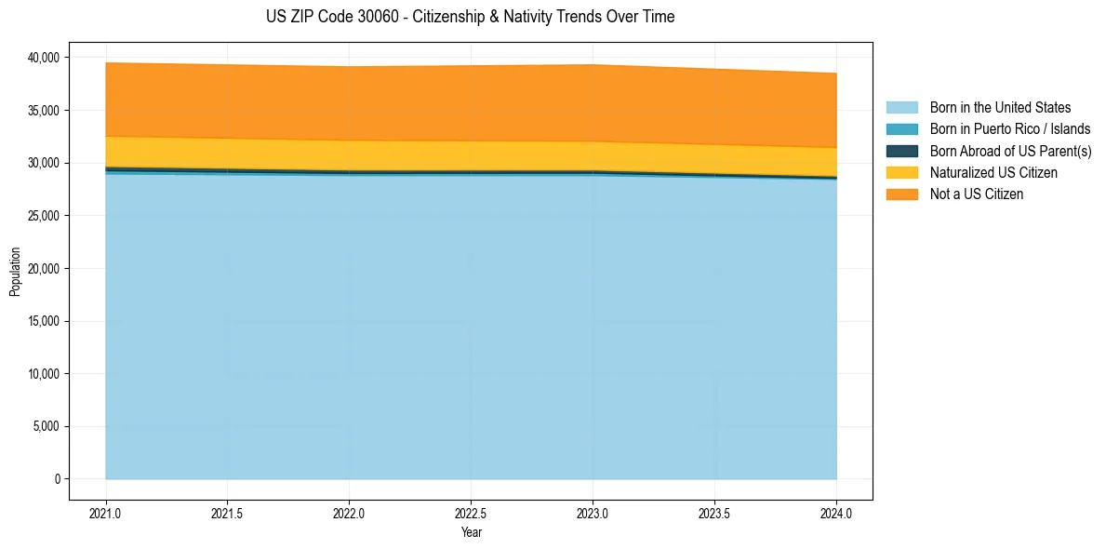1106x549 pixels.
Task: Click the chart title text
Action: [470, 17]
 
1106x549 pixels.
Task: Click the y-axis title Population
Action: [15, 272]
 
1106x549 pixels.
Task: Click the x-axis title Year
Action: [472, 532]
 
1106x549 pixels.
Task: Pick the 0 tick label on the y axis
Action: [56, 479]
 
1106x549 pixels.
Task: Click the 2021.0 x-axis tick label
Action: [106, 512]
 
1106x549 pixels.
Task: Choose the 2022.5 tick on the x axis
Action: [472, 512]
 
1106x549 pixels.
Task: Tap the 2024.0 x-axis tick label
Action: [836, 512]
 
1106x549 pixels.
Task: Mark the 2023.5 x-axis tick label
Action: [714, 512]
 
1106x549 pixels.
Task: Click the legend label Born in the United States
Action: [1000, 108]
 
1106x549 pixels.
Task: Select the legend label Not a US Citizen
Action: [977, 194]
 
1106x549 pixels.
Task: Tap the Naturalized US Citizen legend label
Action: [993, 173]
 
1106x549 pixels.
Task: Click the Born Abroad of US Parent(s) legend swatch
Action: [901, 151]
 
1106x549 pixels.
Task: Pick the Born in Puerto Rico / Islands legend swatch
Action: [901, 129]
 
